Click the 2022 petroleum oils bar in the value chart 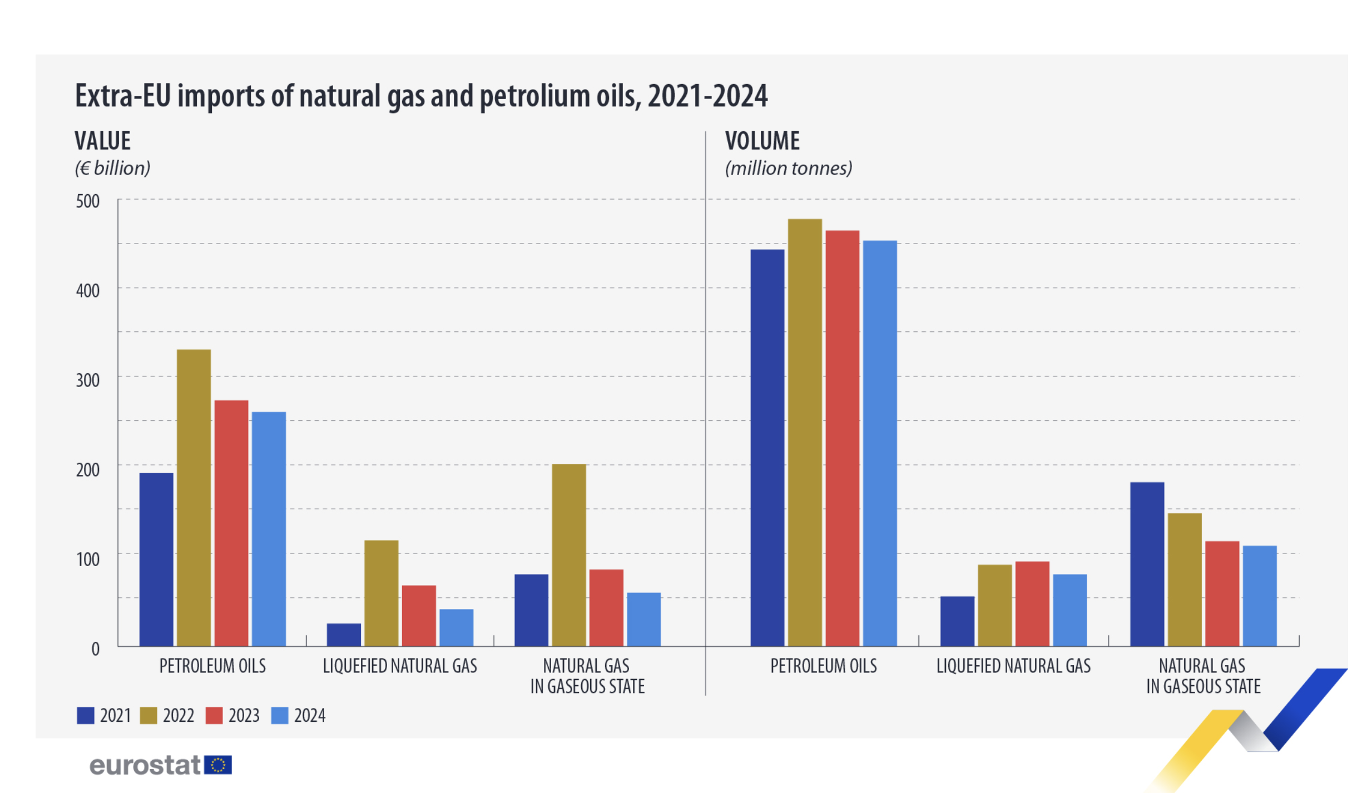click(194, 498)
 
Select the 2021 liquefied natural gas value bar click(344, 635)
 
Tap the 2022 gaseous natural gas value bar click(569, 555)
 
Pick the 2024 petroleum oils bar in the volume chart click(879, 443)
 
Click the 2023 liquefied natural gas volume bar click(1032, 604)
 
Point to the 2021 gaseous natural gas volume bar click(1147, 564)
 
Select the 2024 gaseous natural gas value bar click(643, 619)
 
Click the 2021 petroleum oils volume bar click(767, 448)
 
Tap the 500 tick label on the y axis click(88, 201)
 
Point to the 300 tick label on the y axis click(88, 380)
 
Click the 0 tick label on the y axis click(95, 649)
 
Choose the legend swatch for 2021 click(85, 716)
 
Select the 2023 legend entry click(232, 716)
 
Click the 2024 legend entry click(298, 716)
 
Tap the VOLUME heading click(762, 141)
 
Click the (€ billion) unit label click(112, 168)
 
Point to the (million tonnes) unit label click(788, 168)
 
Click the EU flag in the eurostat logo click(218, 765)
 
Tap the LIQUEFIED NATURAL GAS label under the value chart click(400, 666)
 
